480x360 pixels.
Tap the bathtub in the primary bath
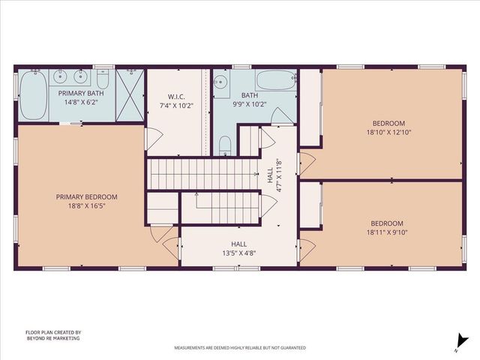[x=32, y=95]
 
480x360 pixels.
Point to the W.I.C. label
[x=176, y=96]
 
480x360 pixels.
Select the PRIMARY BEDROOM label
[x=87, y=196]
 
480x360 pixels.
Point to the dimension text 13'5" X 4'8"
[x=238, y=253]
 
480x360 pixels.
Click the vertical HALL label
[x=271, y=175]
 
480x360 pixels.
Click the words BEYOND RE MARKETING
[x=53, y=338]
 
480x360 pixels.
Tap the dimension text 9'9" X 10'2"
[x=248, y=105]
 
